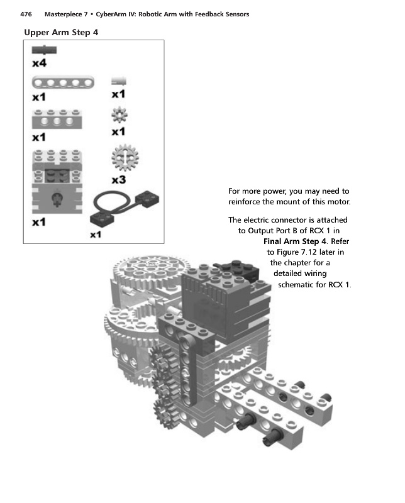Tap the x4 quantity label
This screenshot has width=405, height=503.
[39, 63]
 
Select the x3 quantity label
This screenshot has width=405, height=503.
[118, 180]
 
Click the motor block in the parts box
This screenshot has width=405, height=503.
[57, 183]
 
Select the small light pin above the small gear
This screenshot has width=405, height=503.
[118, 80]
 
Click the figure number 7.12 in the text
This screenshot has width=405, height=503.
[312, 252]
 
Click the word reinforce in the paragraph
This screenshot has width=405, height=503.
[248, 202]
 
